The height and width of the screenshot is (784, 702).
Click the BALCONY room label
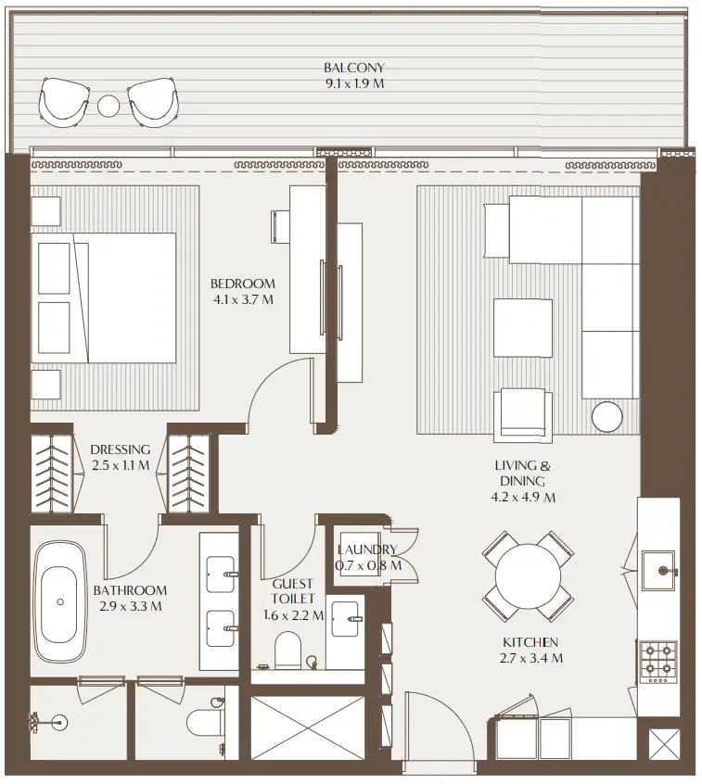353,68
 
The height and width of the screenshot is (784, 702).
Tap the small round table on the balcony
109,105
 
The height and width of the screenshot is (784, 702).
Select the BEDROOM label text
242,284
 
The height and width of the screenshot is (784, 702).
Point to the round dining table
526,575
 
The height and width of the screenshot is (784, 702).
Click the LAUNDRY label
368,550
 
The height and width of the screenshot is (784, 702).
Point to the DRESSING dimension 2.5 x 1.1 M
120,466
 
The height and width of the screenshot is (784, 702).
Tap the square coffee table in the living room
522,326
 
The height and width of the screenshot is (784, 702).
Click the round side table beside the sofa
607,416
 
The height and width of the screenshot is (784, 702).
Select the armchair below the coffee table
525,412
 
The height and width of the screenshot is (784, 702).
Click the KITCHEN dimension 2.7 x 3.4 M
531,659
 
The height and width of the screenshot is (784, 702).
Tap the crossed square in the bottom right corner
665,747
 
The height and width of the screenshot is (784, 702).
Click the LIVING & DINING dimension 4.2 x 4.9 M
524,498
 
